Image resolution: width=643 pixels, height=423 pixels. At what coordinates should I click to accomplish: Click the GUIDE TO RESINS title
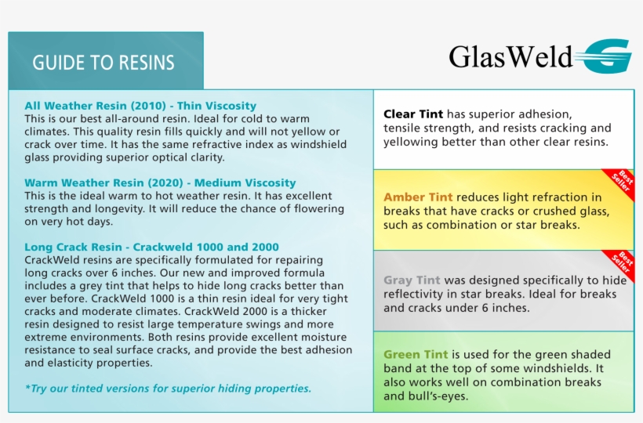tap(104, 63)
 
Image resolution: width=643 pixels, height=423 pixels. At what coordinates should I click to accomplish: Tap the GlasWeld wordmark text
tap(510, 56)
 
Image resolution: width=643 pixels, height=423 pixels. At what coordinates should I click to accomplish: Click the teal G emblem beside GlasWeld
tap(606, 56)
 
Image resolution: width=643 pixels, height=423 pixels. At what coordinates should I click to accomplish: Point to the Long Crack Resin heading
tap(151, 247)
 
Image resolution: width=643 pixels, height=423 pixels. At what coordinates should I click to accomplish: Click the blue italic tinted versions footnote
tap(168, 388)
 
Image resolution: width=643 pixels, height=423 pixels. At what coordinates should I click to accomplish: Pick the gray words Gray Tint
tap(412, 280)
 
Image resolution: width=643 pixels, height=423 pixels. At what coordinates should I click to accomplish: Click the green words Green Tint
tap(416, 354)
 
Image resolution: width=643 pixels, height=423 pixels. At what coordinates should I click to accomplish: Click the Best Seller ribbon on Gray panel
tap(619, 265)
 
